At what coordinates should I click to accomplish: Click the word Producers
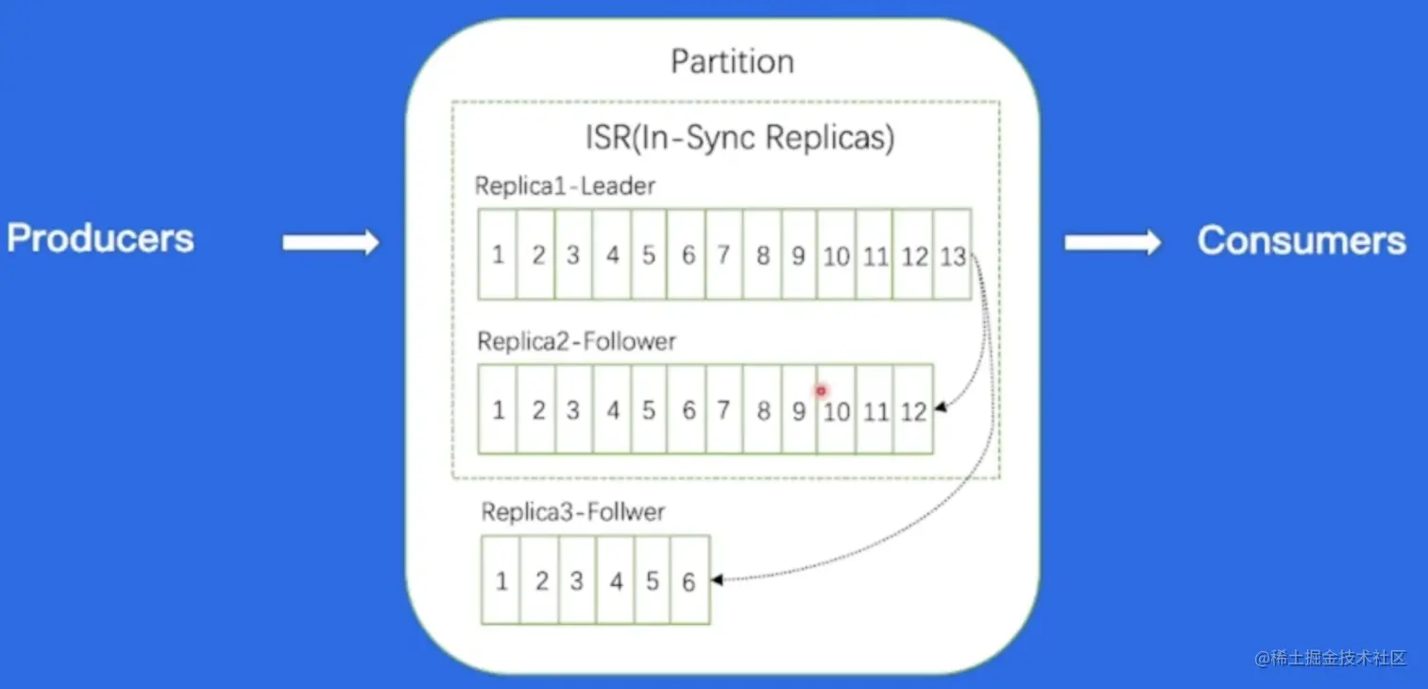[100, 238]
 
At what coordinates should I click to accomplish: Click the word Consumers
[1301, 240]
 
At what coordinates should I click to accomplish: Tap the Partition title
[732, 62]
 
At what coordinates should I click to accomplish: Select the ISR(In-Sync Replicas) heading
[739, 138]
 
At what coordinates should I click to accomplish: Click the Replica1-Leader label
[565, 186]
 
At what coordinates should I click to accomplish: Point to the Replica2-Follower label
[576, 341]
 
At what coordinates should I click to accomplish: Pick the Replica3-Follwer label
[573, 512]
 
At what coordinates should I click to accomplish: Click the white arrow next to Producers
[331, 243]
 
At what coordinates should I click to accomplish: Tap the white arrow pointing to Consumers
[1113, 243]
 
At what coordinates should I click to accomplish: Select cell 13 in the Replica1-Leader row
[952, 255]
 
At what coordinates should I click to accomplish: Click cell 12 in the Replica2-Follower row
[913, 411]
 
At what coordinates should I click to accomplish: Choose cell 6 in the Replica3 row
[689, 581]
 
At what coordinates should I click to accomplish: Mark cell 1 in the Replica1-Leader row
[498, 255]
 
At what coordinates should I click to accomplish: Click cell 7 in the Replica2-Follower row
[723, 411]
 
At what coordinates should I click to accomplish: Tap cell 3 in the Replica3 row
[576, 581]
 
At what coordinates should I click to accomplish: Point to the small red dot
[821, 390]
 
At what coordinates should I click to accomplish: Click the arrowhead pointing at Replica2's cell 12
[939, 409]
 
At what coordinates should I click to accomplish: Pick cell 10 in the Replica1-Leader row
[836, 255]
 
